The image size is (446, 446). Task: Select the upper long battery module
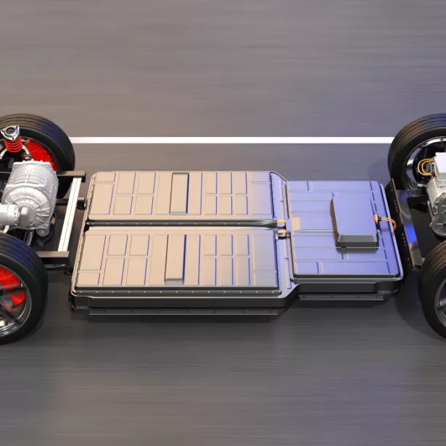[x=181, y=194]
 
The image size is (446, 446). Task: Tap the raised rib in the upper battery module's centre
[x=179, y=193]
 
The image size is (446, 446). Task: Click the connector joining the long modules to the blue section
[x=284, y=226]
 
